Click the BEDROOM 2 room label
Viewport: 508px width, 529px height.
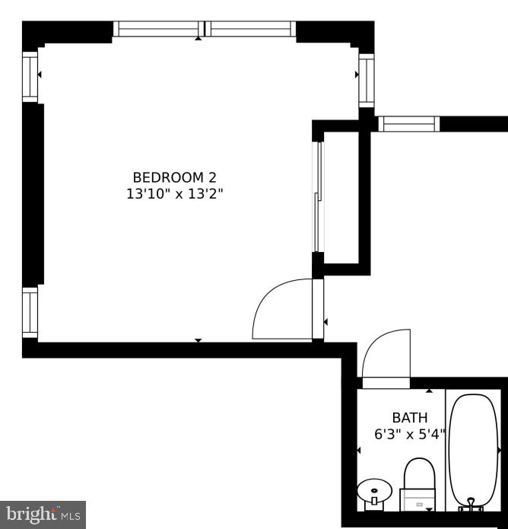[x=175, y=177]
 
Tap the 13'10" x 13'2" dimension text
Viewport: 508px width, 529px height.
[x=175, y=194]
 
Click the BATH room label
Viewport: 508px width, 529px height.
[x=410, y=418]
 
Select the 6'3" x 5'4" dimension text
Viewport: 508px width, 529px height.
[x=409, y=435]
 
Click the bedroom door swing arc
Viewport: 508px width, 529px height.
[x=280, y=308]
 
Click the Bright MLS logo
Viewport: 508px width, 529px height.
[x=43, y=514]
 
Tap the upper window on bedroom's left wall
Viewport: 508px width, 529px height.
[x=30, y=76]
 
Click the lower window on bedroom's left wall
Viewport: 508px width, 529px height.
[x=30, y=313]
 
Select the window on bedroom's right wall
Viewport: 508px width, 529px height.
[x=366, y=81]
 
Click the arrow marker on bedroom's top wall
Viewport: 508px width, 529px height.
[x=198, y=37]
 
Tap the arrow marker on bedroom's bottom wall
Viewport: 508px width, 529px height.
[x=198, y=340]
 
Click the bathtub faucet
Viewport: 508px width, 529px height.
[x=470, y=504]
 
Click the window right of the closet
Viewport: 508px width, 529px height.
[x=408, y=123]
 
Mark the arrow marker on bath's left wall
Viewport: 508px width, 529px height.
[x=359, y=451]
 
